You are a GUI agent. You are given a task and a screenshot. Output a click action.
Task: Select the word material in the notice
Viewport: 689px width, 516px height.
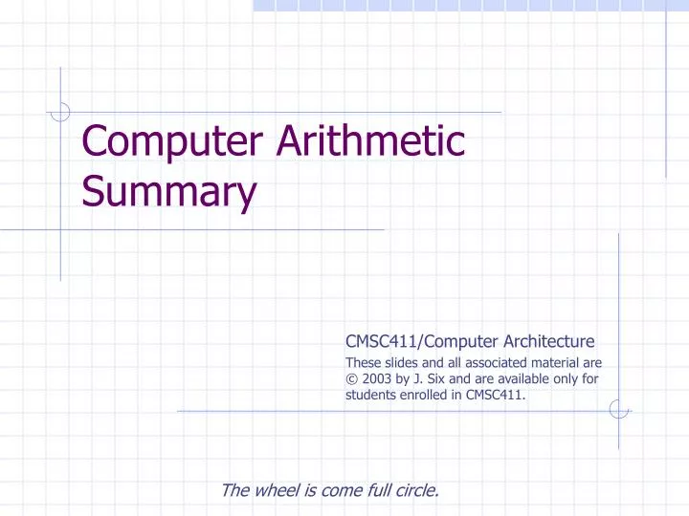click(565, 361)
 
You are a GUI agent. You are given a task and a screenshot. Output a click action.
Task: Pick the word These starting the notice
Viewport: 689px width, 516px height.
click(361, 361)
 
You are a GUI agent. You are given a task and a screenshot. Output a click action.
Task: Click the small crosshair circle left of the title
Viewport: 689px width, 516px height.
click(60, 113)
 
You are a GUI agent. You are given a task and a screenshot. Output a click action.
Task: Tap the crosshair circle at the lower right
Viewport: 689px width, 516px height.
click(618, 410)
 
